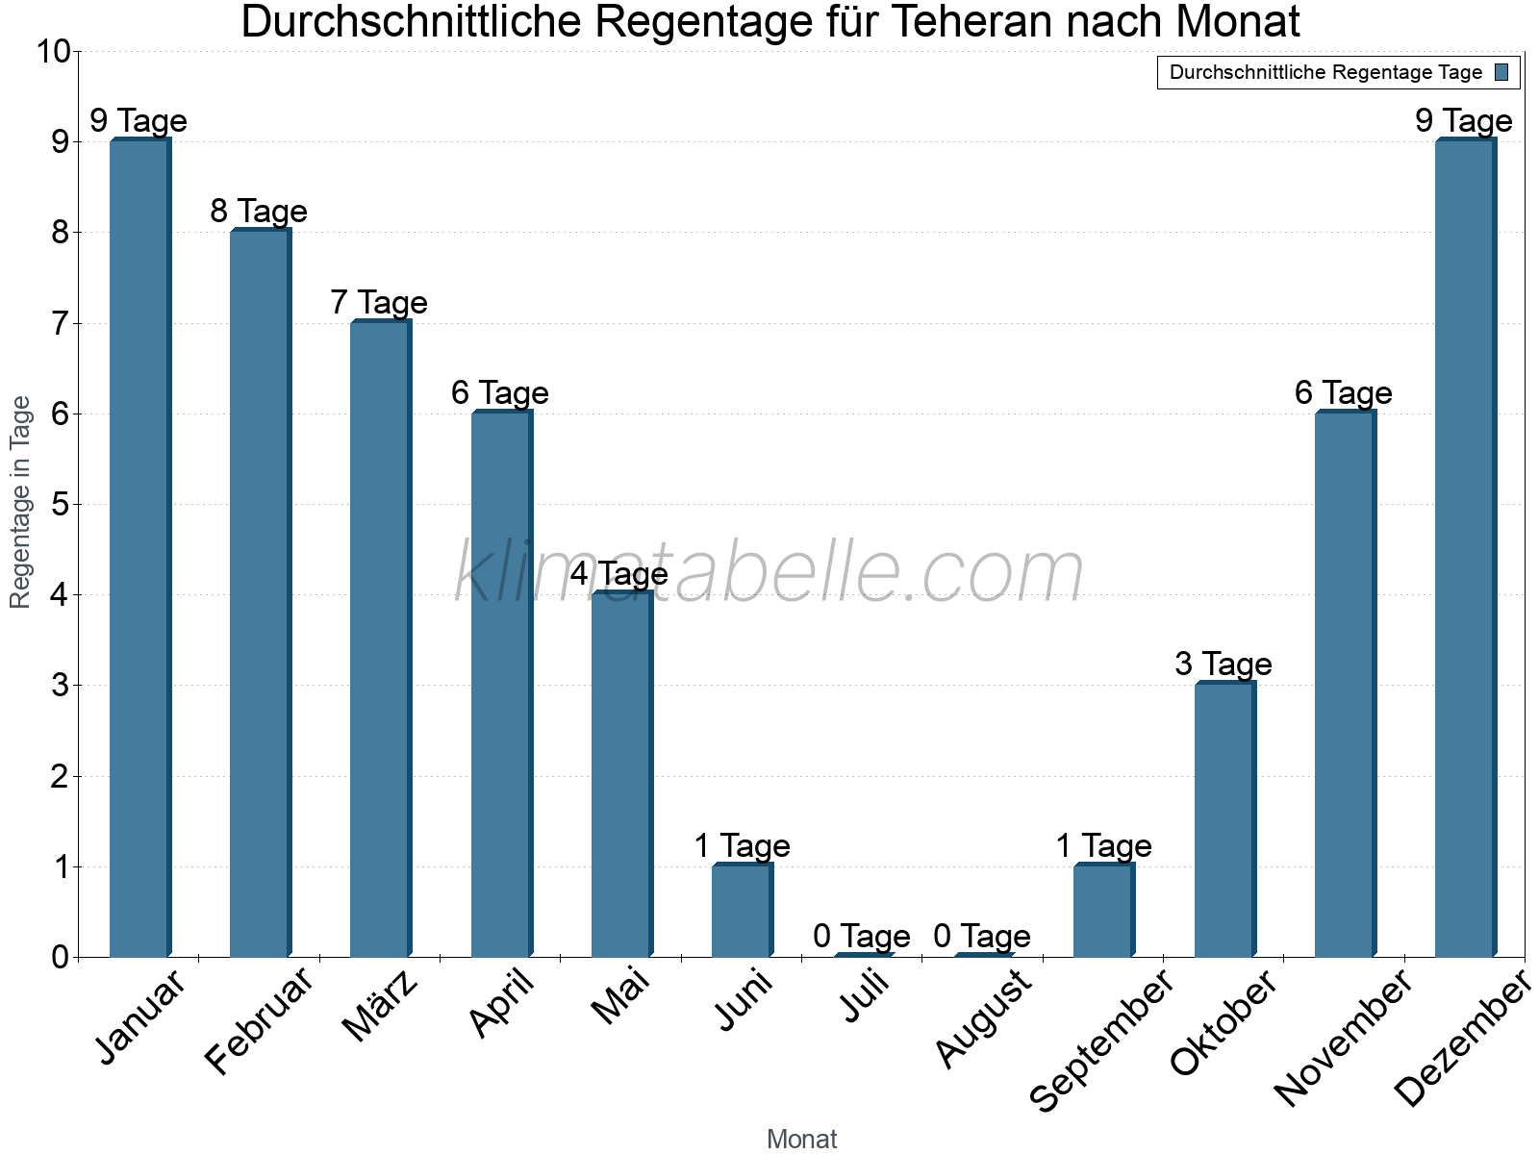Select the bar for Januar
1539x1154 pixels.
(x=140, y=548)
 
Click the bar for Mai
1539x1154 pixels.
(x=622, y=774)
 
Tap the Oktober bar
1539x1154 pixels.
(x=1224, y=819)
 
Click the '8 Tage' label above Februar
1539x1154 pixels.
(x=259, y=212)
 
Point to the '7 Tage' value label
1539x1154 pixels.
(x=379, y=303)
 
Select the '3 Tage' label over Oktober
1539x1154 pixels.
(x=1224, y=665)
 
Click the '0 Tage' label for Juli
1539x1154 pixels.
(x=862, y=936)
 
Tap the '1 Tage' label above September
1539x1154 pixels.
(x=1103, y=846)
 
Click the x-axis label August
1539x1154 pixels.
(x=983, y=1018)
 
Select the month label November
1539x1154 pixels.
(x=1343, y=1039)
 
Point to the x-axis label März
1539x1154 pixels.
(x=381, y=1006)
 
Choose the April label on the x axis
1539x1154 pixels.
(x=501, y=1004)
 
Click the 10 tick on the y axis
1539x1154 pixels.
(x=53, y=52)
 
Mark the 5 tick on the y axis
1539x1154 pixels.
(x=61, y=505)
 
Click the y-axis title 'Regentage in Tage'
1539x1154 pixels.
(x=20, y=502)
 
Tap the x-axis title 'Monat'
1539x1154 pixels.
(x=801, y=1140)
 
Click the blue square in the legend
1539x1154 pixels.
(x=1501, y=72)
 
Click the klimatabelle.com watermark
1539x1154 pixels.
(x=769, y=573)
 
